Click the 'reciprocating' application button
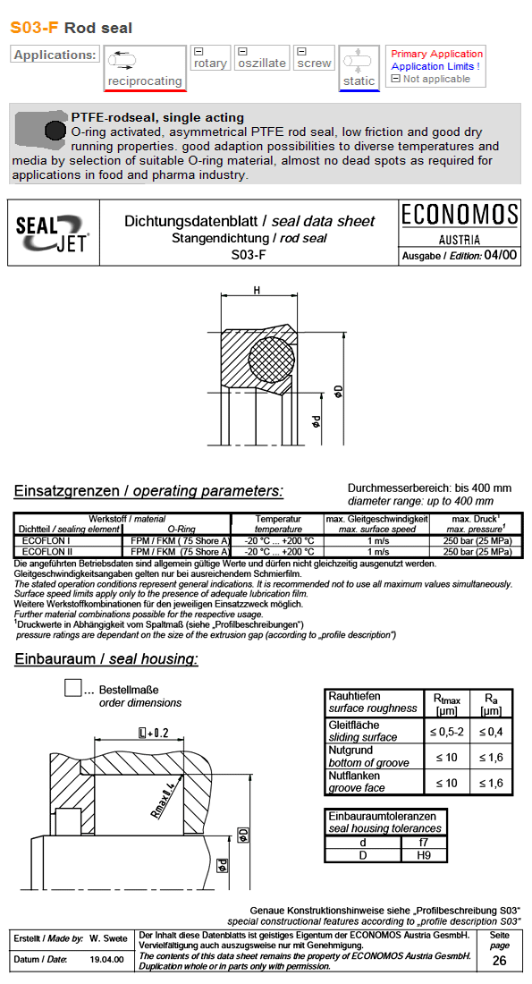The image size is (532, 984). click(144, 69)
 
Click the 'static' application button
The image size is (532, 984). click(359, 69)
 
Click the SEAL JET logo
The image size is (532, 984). click(50, 233)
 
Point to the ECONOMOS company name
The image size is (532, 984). click(460, 216)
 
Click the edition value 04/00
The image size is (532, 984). click(500, 256)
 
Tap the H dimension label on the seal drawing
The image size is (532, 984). click(257, 291)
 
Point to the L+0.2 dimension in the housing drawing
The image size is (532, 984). click(153, 733)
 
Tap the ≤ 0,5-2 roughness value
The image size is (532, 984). click(446, 731)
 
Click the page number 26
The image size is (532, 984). click(499, 961)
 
